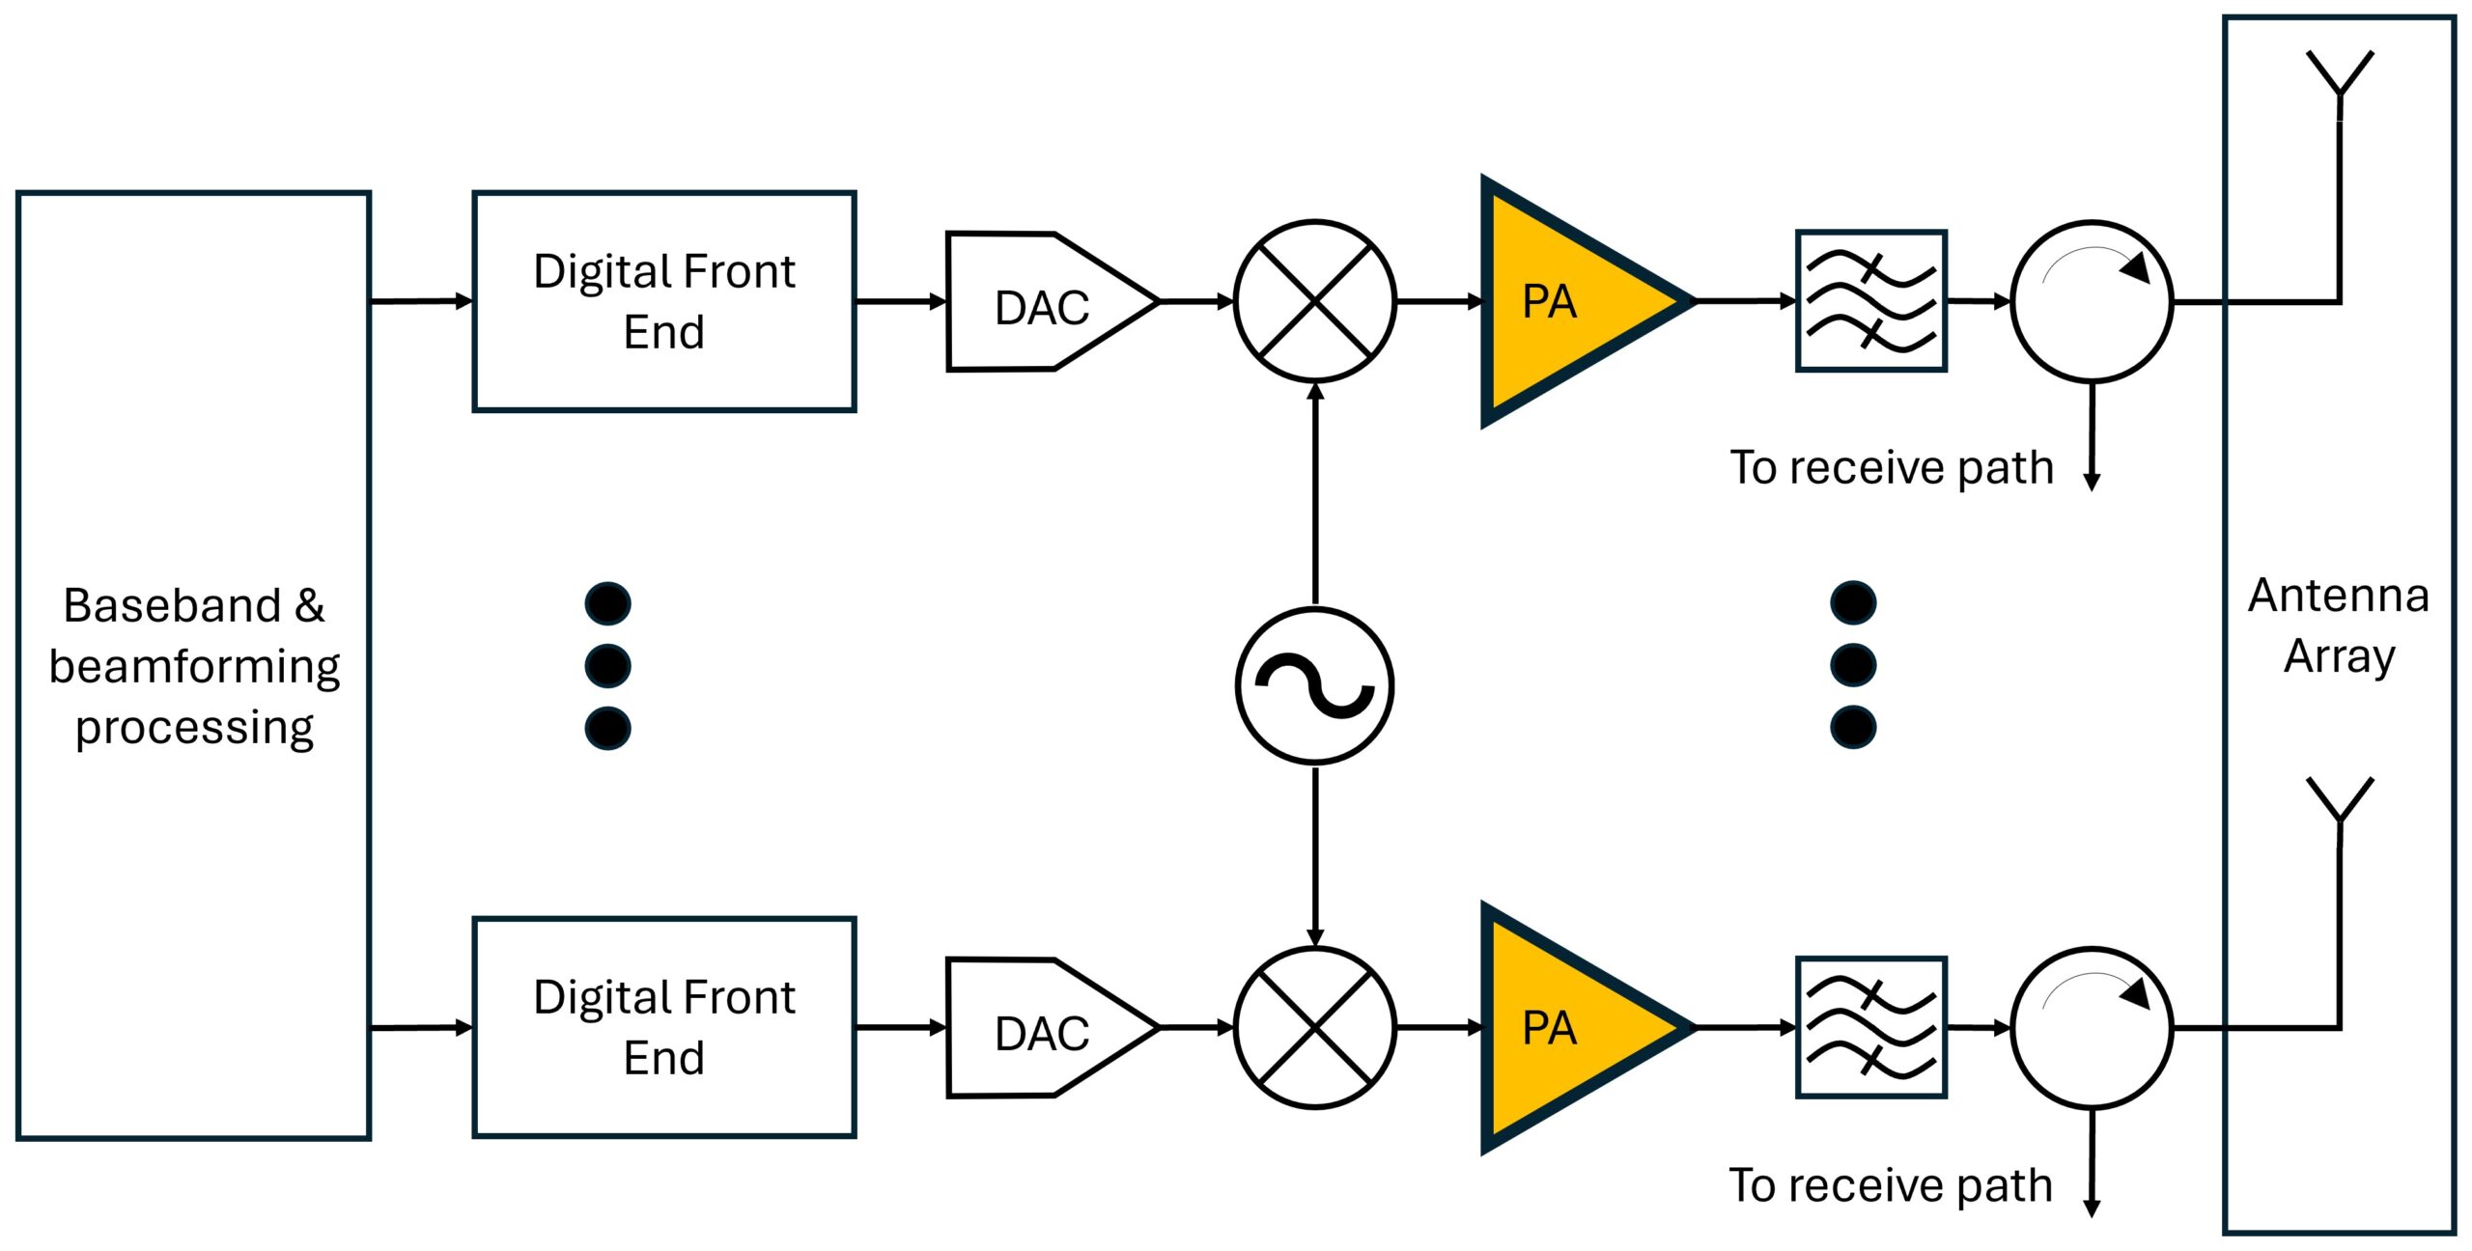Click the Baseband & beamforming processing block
pos(193,665)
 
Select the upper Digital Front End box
pos(664,301)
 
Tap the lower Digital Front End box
pos(664,1027)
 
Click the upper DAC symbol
pos(1052,301)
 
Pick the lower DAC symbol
pos(1052,1027)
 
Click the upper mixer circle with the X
pos(1315,301)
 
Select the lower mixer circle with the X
pos(1315,1027)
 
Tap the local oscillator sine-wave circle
pos(1315,685)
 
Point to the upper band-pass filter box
pos(1871,301)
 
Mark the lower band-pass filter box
pos(1871,1027)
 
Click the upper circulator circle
pos(2093,301)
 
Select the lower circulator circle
pos(2093,1027)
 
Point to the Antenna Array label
pos(2339,626)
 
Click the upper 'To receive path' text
pos(1892,468)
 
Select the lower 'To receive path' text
pos(1891,1185)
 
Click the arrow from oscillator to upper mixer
pos(1315,494)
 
